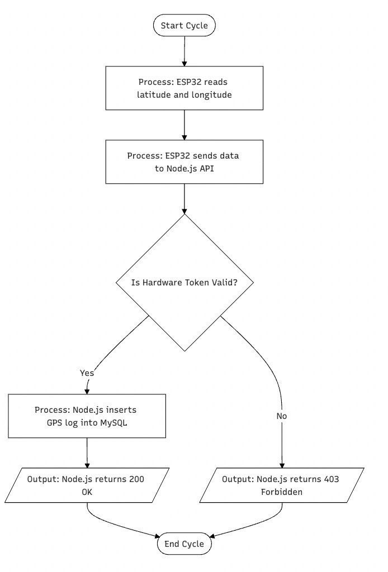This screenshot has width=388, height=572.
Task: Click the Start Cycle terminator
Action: pos(184,26)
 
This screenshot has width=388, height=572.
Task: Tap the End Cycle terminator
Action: pos(184,544)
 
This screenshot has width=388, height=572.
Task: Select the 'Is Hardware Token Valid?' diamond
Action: pos(184,282)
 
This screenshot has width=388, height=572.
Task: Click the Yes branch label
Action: pos(87,373)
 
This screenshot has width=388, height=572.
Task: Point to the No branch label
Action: pos(281,416)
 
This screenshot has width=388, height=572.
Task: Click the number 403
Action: pos(331,479)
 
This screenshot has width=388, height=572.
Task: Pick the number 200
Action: pos(136,479)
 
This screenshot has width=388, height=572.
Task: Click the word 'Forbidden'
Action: pos(282,492)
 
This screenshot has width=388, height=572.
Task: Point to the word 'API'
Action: pos(207,169)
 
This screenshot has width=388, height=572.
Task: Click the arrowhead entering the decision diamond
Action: pos(184,211)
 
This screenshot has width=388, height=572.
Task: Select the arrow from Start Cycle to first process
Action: pos(184,51)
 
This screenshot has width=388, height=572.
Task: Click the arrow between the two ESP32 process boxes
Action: pos(184,125)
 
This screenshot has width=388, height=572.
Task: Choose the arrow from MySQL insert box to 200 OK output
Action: pos(87,453)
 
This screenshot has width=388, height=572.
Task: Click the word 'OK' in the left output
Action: pos(87,492)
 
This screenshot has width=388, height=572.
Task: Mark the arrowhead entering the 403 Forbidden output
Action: pos(282,465)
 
